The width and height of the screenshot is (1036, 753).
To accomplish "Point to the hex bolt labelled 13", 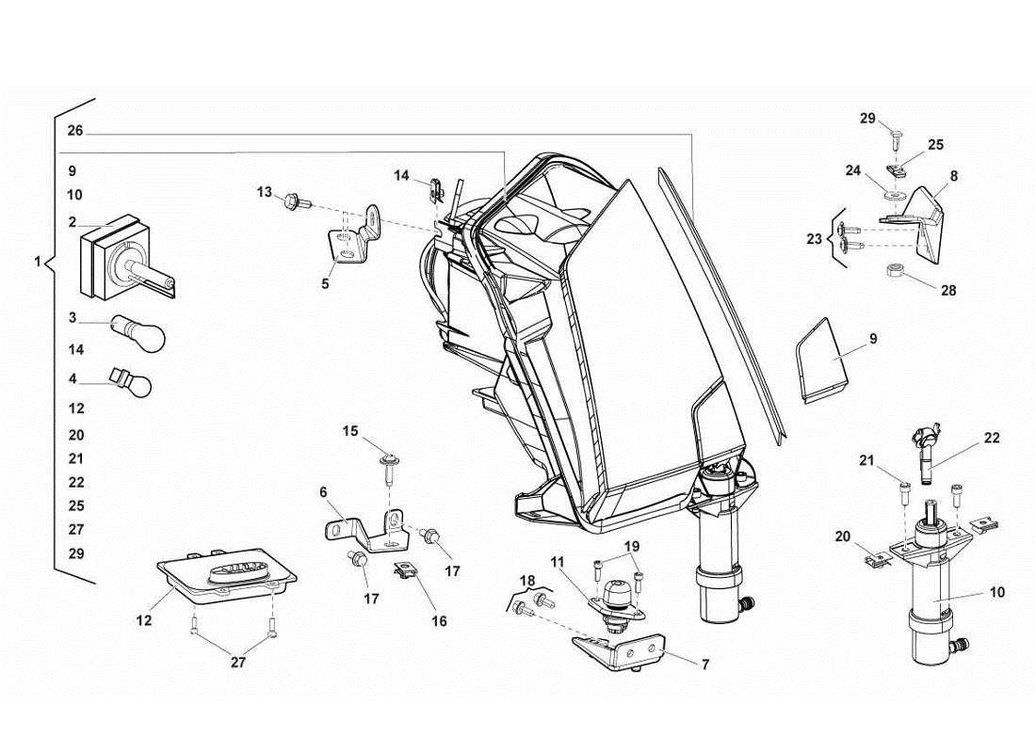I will coord(290,200).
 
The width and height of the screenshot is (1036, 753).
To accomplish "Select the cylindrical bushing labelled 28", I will coord(896,273).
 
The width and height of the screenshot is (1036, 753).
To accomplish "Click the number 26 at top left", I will coord(75,130).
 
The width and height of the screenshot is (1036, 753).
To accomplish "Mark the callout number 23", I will coord(814,239).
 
